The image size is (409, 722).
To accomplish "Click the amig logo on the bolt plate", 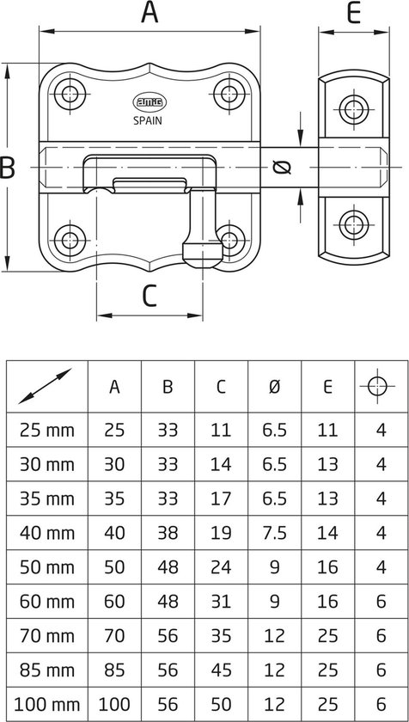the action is tap(150, 102).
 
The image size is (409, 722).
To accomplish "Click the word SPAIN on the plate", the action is tap(148, 121).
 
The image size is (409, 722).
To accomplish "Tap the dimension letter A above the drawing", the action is tap(150, 11).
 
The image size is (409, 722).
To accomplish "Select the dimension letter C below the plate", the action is tap(150, 296).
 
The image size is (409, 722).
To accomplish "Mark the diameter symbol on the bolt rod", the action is tap(282, 167).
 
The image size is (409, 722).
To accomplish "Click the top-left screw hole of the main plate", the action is tap(70, 94).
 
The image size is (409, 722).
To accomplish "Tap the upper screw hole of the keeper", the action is tap(354, 109).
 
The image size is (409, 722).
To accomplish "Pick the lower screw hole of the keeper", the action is tap(354, 224).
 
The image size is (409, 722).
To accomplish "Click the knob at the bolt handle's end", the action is tap(203, 254).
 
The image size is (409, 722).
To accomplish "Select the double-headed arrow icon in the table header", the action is tap(45, 386).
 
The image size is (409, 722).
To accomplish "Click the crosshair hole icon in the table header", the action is tap(377, 386).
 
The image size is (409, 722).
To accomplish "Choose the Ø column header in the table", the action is tap(274, 388).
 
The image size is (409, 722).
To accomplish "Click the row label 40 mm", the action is tap(47, 533).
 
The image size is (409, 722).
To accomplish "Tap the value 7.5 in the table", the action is tap(274, 533).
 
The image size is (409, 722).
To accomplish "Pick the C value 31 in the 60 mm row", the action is tap(221, 602).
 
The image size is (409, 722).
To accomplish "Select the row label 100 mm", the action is tap(47, 705).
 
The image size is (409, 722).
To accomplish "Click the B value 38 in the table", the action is tap(168, 533).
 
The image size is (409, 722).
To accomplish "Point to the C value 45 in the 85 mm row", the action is tap(221, 670).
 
